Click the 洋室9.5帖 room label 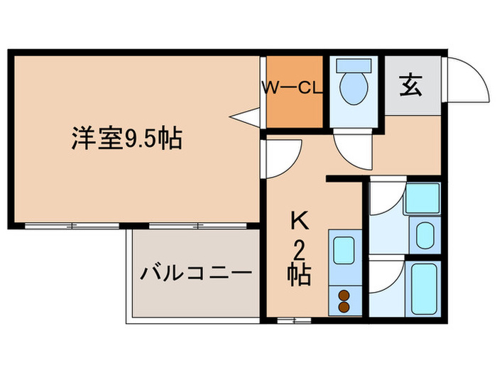(126, 137)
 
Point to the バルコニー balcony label (195, 272)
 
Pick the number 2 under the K (300, 249)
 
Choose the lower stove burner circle (344, 306)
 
